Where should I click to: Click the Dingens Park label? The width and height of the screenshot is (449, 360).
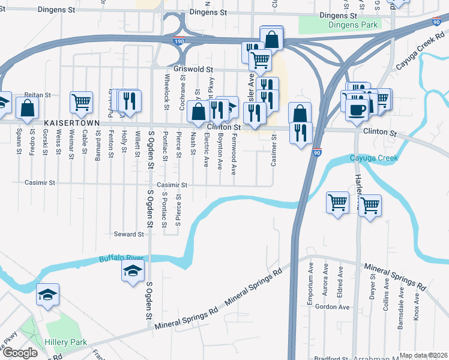(353, 25)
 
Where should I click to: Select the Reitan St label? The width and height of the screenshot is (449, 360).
(37, 95)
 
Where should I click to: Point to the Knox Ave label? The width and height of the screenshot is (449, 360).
(417, 305)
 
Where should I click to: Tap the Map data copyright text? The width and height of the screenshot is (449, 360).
(423, 355)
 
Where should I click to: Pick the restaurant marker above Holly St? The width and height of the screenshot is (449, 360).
(130, 100)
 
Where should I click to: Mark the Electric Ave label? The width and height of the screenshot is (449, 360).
(206, 154)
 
